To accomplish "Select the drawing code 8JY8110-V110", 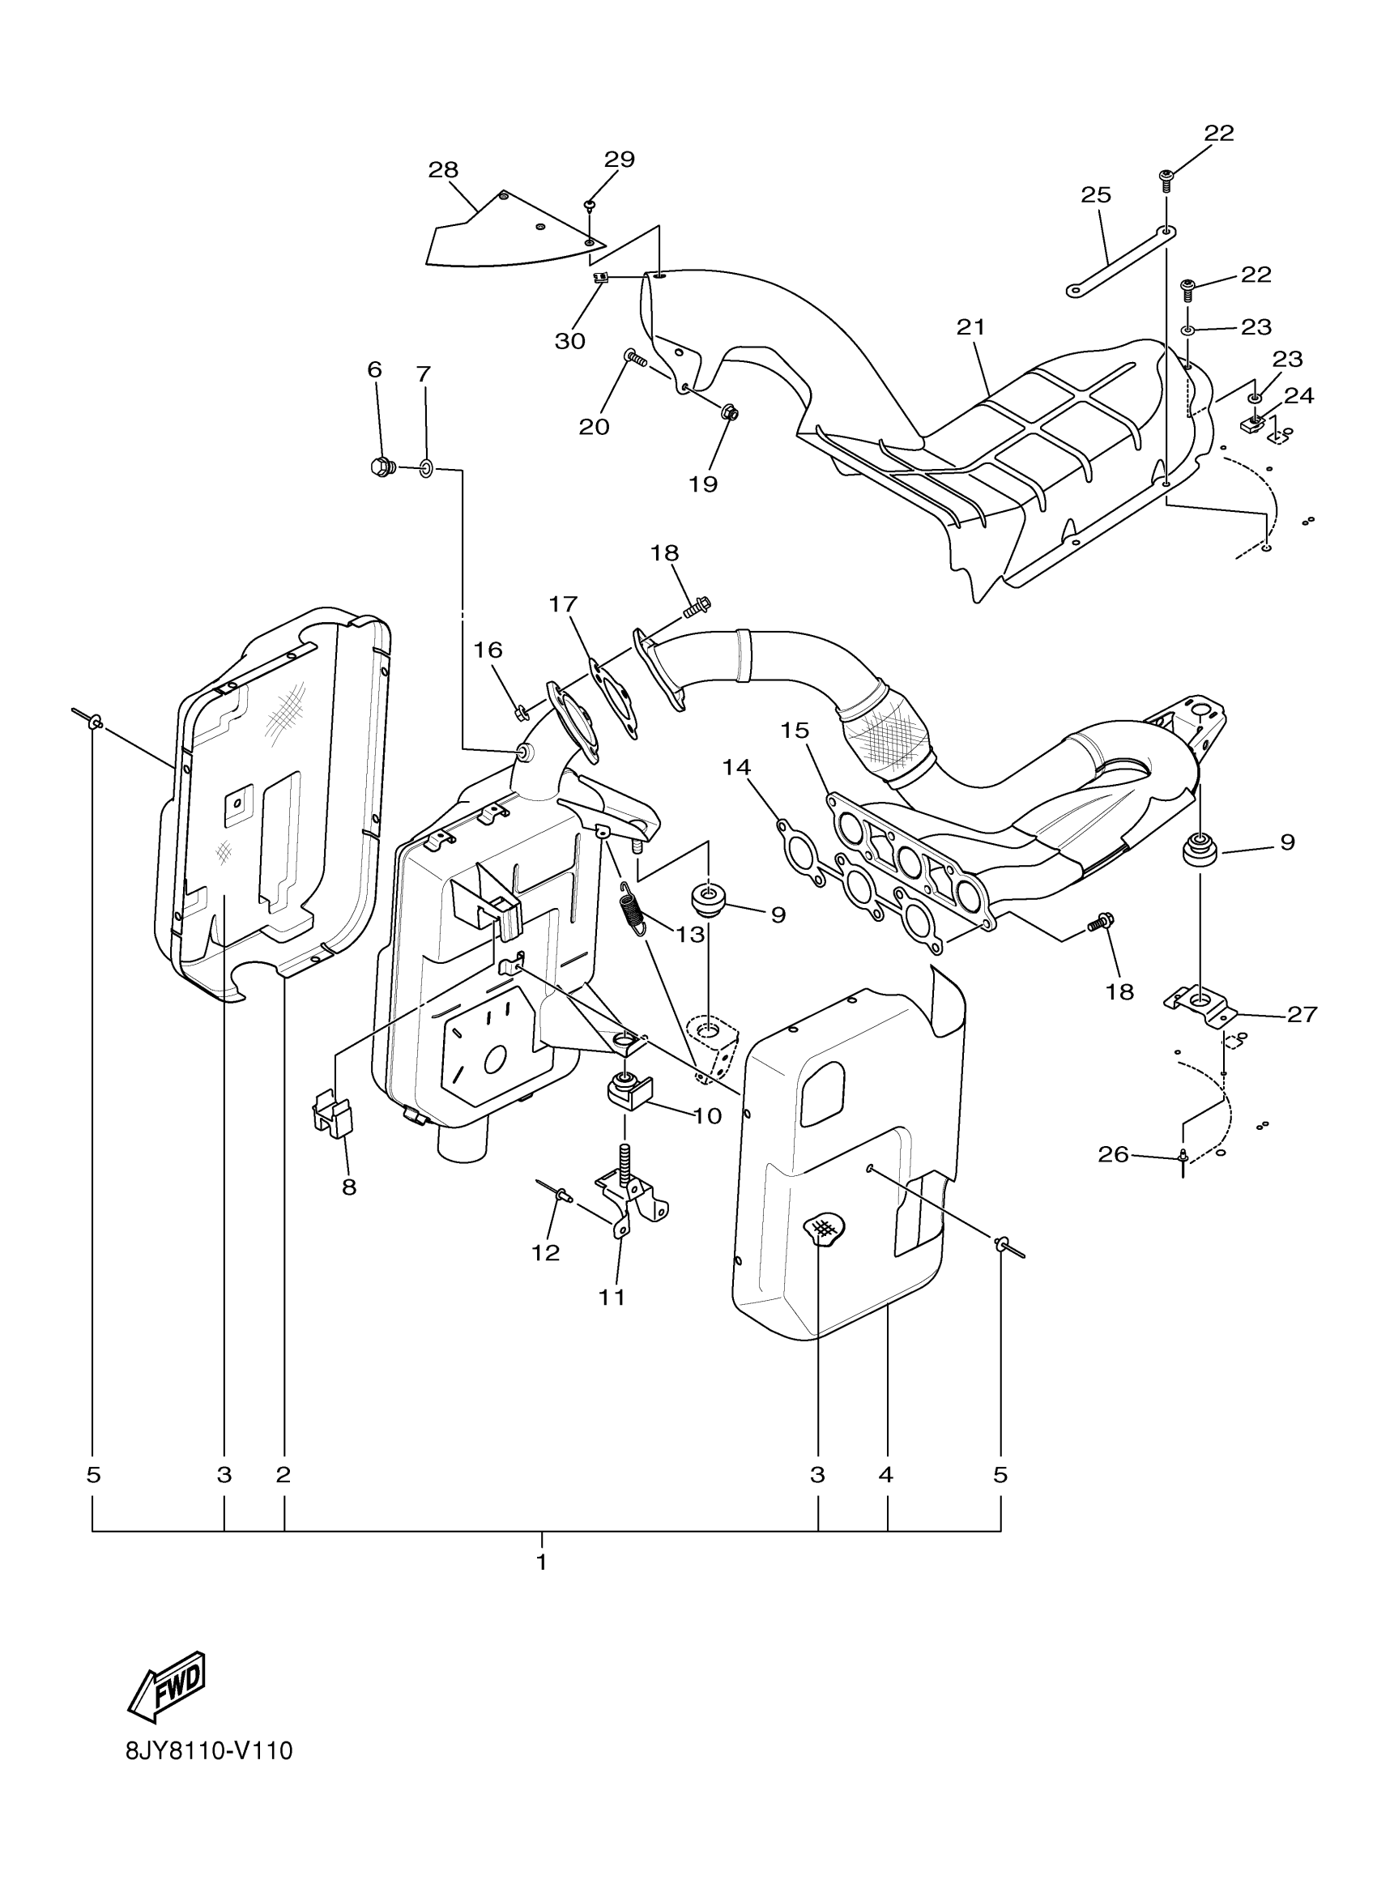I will [209, 1774].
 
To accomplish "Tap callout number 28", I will [443, 170].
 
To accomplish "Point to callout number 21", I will [970, 327].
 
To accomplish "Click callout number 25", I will [1095, 194].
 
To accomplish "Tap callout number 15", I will [795, 730].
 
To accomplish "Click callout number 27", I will [1302, 1014].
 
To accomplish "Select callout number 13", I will [690, 935].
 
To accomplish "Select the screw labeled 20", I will [635, 360].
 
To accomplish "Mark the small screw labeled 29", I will [590, 203].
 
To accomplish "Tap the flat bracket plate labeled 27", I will [1200, 1003].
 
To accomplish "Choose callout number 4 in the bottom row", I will [887, 1474].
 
